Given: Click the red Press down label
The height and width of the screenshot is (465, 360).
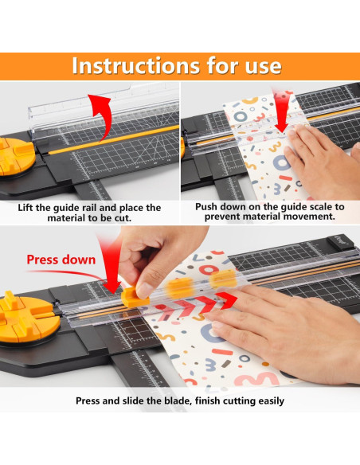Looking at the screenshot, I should tap(61, 260).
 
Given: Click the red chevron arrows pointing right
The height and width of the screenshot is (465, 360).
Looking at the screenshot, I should tap(191, 306).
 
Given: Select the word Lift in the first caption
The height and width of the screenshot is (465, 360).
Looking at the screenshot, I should tap(29, 208).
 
